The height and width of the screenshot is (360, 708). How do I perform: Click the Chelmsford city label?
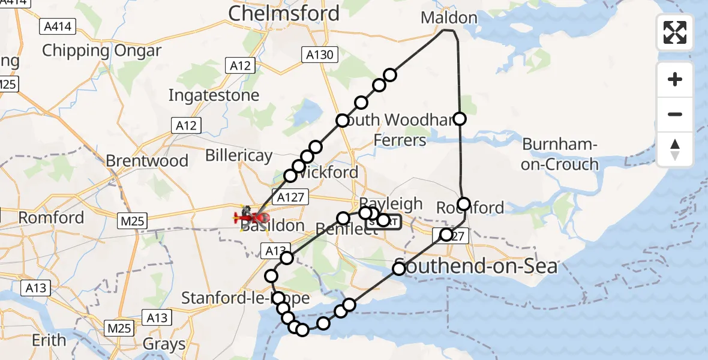283,13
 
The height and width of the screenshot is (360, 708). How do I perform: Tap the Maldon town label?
449,17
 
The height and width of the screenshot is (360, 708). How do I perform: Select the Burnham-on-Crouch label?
560,154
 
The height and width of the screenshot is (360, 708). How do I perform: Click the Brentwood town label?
147,161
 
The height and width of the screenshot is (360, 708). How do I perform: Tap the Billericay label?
239,155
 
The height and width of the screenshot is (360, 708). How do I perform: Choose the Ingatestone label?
214,95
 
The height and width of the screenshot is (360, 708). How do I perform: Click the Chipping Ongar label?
101,50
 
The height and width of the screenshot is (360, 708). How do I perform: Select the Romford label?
51,217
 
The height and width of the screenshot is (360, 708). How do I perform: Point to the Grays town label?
164,344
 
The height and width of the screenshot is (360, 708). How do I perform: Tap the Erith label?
49,340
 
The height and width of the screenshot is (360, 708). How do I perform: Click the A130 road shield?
319,55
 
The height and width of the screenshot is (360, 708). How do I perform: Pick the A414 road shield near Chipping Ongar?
58,26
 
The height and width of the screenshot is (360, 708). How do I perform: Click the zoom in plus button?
675,79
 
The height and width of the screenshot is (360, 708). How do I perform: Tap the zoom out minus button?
675,114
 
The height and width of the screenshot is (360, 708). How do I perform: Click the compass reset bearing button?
675,149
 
